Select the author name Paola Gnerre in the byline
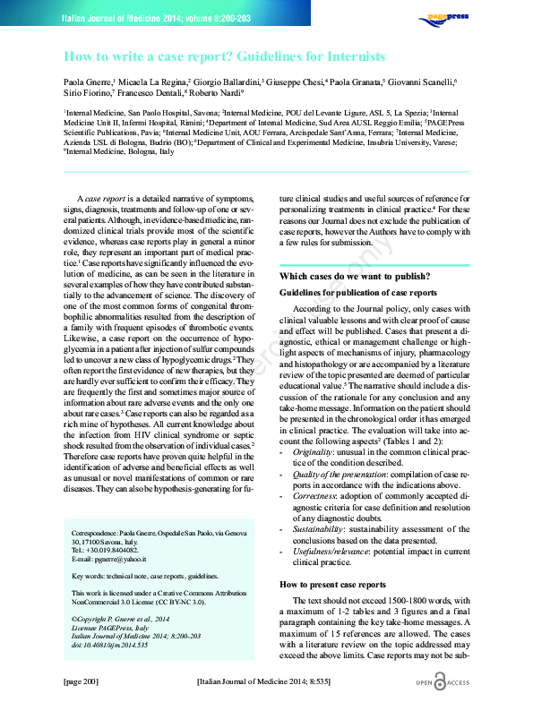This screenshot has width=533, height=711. click(x=86, y=81)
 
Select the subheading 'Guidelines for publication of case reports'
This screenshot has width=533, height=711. click(x=358, y=293)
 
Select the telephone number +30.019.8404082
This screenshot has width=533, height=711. click(x=103, y=551)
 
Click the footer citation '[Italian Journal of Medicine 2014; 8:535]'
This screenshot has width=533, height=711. click(x=266, y=682)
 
